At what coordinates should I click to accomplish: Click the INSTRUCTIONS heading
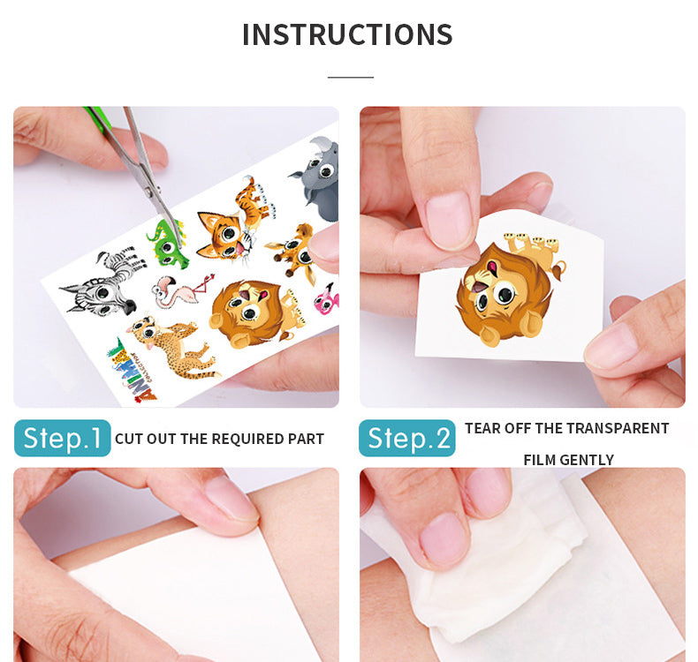click(x=347, y=34)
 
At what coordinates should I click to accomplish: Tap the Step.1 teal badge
click(x=63, y=438)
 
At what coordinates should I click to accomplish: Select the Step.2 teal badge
click(x=406, y=438)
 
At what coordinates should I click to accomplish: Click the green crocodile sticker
click(x=167, y=244)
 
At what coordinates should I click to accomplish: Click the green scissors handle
click(x=97, y=119)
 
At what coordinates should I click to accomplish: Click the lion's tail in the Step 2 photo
click(x=558, y=269)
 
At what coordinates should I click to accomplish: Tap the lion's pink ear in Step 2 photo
click(x=493, y=268)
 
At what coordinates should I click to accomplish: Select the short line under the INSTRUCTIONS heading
click(x=351, y=77)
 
